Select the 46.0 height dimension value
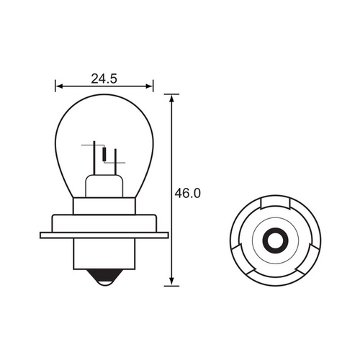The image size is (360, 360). [x=187, y=193]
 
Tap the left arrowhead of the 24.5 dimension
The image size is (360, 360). [x=58, y=86]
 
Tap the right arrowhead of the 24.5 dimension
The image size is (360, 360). [x=150, y=86]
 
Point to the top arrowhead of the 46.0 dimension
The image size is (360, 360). [x=171, y=97]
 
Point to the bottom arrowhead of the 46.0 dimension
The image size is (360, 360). [x=171, y=282]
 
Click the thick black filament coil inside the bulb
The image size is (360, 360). [x=106, y=154]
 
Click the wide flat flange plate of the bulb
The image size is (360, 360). [x=104, y=234]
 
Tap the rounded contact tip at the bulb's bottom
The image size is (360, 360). [x=104, y=282]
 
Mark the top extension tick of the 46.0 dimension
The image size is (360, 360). [x=171, y=94]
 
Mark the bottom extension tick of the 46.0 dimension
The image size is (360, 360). [x=171, y=285]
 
